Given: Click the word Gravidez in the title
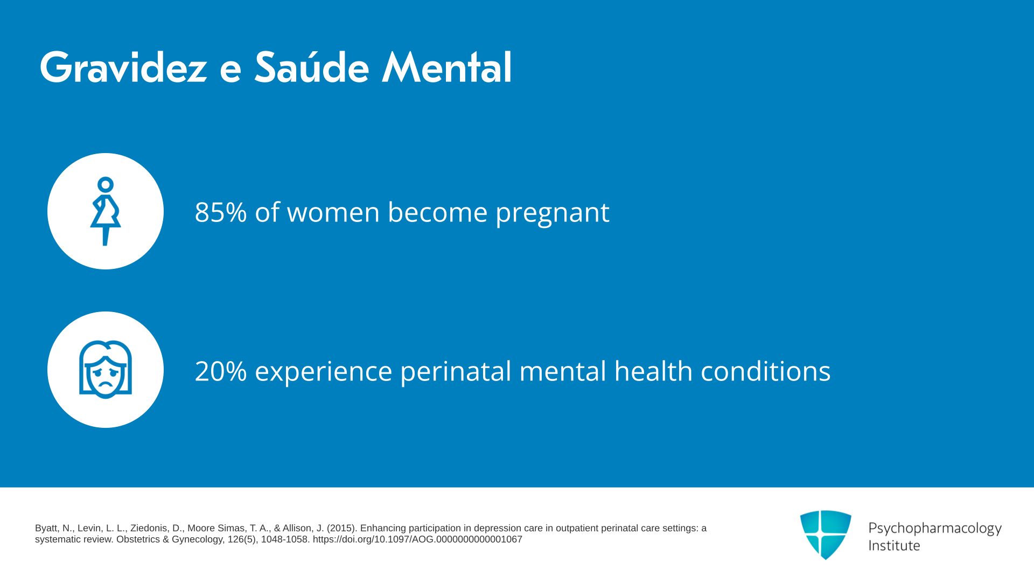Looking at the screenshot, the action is click(123, 68).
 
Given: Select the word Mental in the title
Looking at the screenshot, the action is click(446, 67).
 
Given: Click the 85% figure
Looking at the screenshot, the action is click(221, 212).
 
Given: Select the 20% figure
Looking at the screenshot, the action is click(221, 371).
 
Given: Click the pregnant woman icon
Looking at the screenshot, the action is click(106, 211).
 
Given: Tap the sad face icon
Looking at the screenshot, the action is click(106, 370).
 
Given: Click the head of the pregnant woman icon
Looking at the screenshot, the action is click(106, 185).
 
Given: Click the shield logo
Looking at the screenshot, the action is click(826, 535).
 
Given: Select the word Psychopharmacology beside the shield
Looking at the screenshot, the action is click(935, 529).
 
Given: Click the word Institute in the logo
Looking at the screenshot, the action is click(894, 545).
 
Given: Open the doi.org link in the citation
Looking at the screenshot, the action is click(417, 539).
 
